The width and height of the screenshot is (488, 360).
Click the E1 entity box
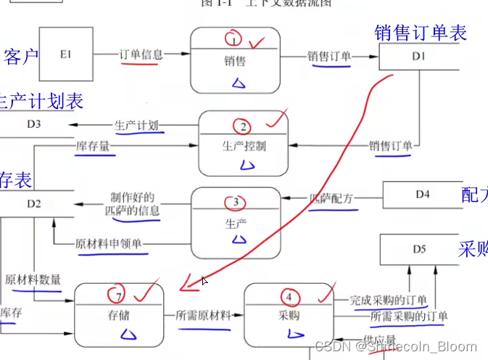click(x=67, y=54)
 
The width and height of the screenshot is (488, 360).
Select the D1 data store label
click(x=418, y=56)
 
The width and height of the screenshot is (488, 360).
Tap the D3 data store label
click(x=34, y=124)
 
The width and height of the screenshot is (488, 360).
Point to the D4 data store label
click(x=423, y=194)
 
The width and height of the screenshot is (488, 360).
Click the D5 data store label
click(x=419, y=249)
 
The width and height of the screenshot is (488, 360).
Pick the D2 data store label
click(x=34, y=203)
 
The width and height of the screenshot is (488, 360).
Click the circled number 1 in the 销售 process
click(x=233, y=38)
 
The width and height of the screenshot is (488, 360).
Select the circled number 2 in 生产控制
click(x=244, y=126)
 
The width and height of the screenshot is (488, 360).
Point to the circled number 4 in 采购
click(x=289, y=296)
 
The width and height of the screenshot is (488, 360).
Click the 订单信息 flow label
click(x=141, y=54)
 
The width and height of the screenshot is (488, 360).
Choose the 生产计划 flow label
click(x=136, y=125)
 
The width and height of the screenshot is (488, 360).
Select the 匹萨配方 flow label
click(x=332, y=197)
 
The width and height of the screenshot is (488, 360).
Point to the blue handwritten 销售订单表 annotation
click(x=421, y=32)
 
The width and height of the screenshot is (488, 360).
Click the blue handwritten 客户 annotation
click(x=22, y=57)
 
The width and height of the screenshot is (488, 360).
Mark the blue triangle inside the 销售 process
click(x=238, y=83)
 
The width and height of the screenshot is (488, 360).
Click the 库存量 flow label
click(x=93, y=147)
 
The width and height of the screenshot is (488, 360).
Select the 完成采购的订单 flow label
click(x=388, y=300)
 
